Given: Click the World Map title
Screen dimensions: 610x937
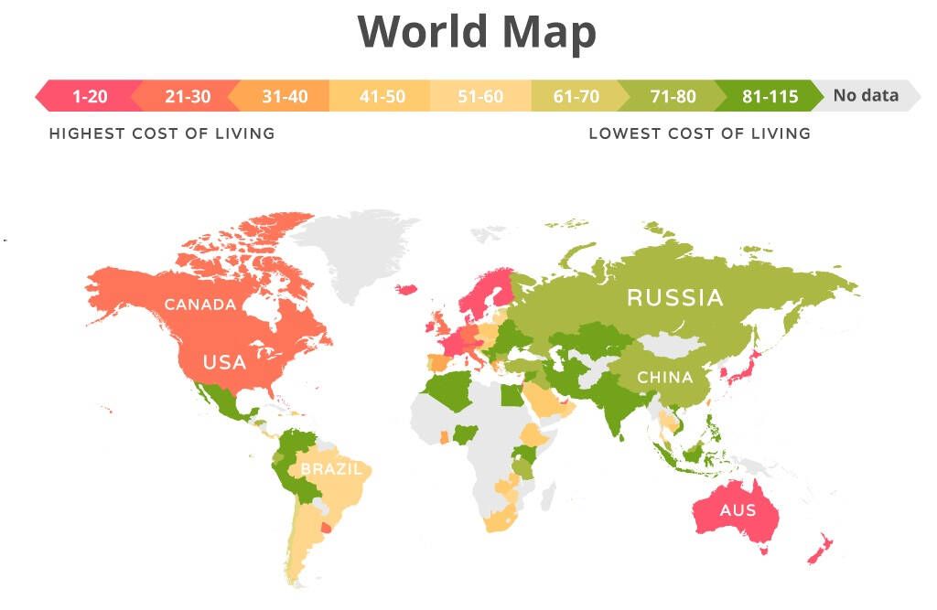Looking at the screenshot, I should click(x=477, y=32).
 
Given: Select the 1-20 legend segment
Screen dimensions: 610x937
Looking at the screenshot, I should click(x=89, y=96).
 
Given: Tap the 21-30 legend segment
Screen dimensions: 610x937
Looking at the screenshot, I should click(x=187, y=96).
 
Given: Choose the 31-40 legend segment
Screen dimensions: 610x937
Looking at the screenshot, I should click(x=285, y=96).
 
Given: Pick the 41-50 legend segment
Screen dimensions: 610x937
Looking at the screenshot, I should click(x=382, y=96).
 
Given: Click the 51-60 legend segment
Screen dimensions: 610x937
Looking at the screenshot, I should click(x=480, y=96).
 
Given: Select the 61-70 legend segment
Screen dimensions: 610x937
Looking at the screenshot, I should click(x=576, y=96).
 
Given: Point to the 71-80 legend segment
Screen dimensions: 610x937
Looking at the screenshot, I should click(x=673, y=96).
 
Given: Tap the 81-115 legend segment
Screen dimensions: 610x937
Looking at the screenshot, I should click(x=770, y=96).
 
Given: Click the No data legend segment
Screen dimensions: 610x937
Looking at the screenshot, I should click(x=866, y=95).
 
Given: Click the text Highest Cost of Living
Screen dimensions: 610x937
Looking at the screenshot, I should click(x=162, y=134).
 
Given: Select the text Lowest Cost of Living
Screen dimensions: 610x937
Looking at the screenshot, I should click(x=699, y=134).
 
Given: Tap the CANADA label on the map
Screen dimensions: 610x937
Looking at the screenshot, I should click(x=200, y=305).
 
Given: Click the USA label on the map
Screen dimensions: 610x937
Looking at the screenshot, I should click(x=224, y=362).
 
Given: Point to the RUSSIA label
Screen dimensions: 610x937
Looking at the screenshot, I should click(x=674, y=297).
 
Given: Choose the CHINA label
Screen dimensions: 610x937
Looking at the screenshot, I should click(x=664, y=378).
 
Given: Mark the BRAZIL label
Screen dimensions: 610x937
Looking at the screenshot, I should click(x=331, y=469).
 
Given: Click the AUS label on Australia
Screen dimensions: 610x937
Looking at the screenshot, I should click(x=738, y=509).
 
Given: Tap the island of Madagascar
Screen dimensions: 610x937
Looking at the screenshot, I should click(x=546, y=497).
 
